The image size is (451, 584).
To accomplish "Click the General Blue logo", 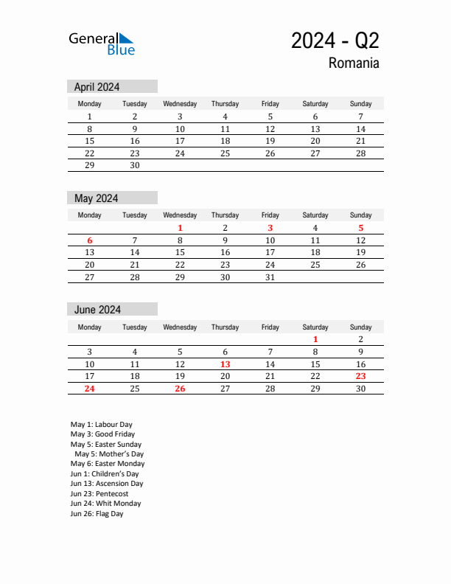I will coord(102,44).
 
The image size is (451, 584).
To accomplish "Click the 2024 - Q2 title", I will coord(335,41).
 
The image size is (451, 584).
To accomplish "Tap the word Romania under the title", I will coord(354,63).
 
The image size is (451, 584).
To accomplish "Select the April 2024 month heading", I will coord(97,87).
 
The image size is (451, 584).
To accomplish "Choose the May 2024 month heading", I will coord(96,198).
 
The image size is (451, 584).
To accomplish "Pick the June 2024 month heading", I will coord(97,310).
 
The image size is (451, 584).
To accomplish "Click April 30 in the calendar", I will coord(135,165).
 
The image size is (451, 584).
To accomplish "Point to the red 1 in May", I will coord(180,228).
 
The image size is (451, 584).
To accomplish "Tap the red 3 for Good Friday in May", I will coord(270,228).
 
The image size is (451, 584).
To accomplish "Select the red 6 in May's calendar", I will coord(90,240).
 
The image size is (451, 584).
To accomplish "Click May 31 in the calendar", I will coord(270,277).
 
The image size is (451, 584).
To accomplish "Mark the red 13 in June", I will coord(225,364).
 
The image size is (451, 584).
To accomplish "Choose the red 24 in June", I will coord(90,389).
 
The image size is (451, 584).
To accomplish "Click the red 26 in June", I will coord(180,389).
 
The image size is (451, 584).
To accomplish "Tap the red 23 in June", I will coord(360,376).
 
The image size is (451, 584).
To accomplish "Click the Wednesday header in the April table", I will coord(180,104).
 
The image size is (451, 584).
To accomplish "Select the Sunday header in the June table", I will coord(360,327).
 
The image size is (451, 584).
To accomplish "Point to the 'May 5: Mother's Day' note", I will coord(110,454).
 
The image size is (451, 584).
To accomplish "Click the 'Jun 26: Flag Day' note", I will coord(97,514).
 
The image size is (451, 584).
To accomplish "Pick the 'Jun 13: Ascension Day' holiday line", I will coord(107,484).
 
